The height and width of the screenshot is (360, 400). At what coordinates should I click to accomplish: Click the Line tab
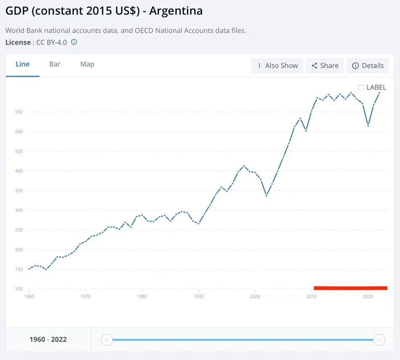point(22,64)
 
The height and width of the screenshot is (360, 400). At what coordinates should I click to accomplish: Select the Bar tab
point(55,64)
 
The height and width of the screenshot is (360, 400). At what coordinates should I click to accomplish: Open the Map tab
point(87,64)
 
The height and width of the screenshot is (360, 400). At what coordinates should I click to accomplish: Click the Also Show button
point(277,66)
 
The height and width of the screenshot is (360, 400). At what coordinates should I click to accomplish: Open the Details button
point(368,66)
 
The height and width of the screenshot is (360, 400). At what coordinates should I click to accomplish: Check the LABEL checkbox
point(361,87)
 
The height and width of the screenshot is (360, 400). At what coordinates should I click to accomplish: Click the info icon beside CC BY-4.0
point(74,42)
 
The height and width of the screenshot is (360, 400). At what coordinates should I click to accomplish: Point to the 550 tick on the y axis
point(18,112)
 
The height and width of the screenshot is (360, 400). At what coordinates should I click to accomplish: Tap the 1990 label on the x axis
point(198,296)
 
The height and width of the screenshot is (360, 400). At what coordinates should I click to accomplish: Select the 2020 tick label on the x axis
point(368,296)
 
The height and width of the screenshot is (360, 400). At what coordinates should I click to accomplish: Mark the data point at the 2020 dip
point(368,125)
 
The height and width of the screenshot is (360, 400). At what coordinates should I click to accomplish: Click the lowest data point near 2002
point(266,196)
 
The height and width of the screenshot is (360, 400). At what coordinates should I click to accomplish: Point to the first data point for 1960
point(29,269)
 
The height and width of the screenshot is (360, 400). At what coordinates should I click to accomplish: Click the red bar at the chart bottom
point(350,288)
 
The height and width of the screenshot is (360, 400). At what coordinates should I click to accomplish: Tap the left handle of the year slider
point(107,340)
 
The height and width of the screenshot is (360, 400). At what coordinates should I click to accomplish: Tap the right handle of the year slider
point(379,340)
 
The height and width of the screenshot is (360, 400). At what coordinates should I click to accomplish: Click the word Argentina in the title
point(176,11)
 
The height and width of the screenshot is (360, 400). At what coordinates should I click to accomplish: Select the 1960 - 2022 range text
point(48,339)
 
